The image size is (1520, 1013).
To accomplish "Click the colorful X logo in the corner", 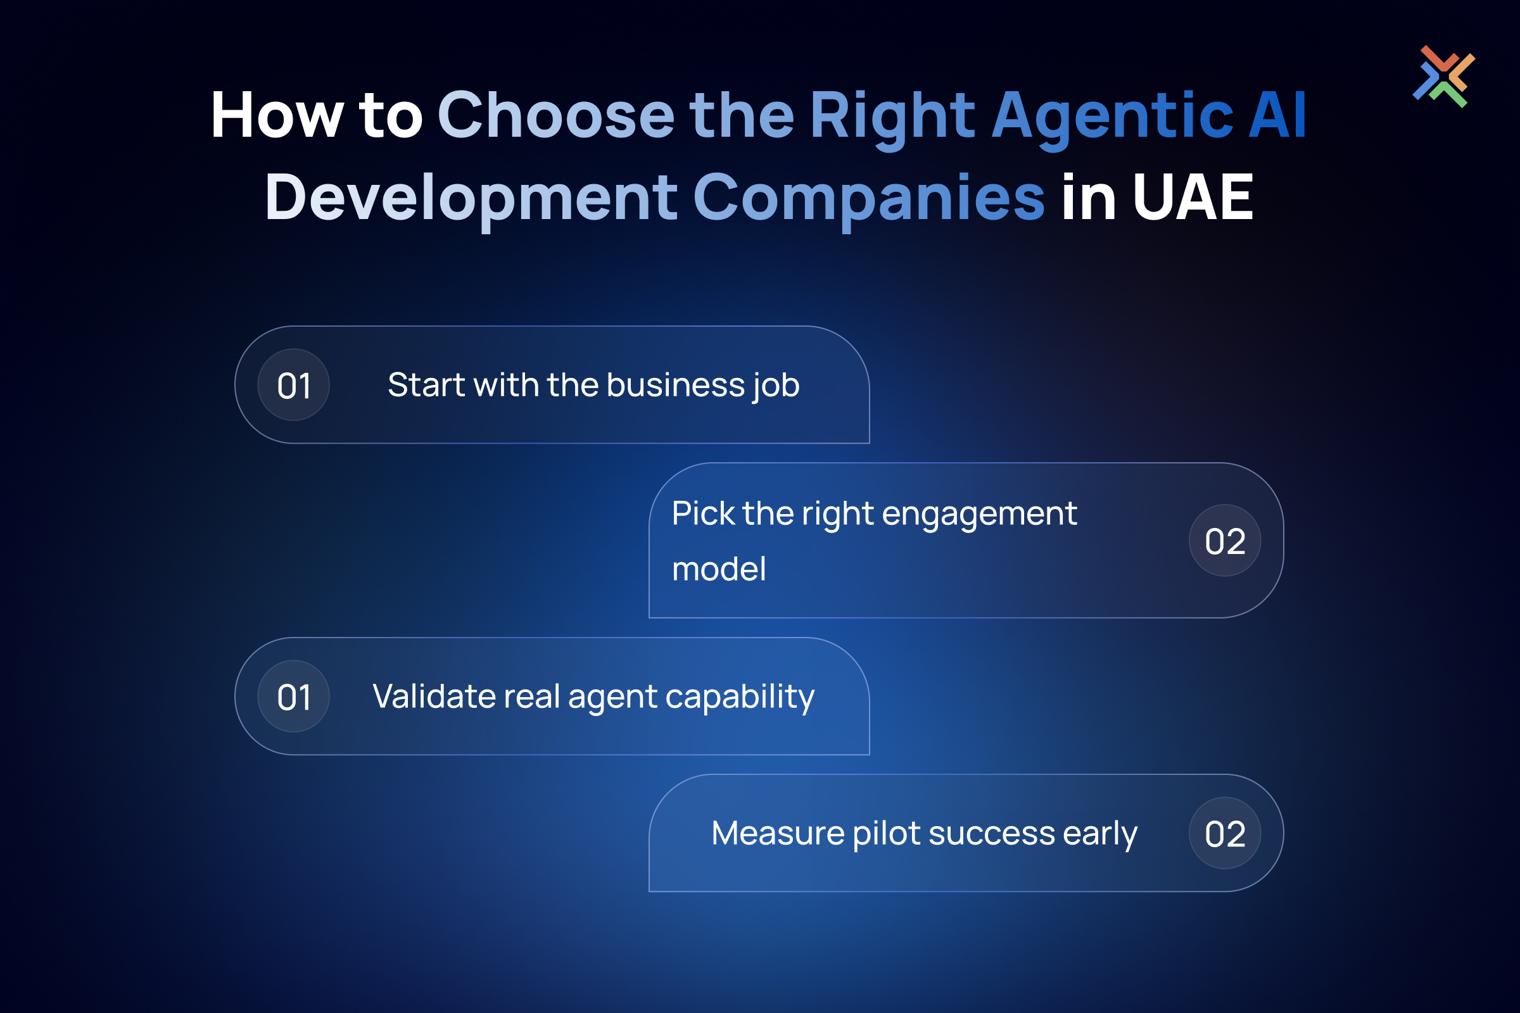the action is point(1444,76).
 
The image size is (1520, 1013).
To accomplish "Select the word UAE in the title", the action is point(1193,197).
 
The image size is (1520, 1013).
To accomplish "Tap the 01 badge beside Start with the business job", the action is point(293,385).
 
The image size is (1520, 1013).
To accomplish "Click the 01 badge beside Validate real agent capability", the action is point(293,696).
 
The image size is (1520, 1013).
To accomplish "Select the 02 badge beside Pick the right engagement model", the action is point(1225,541).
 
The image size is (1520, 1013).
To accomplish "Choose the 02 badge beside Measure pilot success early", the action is point(1225,833).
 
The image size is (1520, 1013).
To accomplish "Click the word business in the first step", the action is point(676,385).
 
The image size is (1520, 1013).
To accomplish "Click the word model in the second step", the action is point(719,569).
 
